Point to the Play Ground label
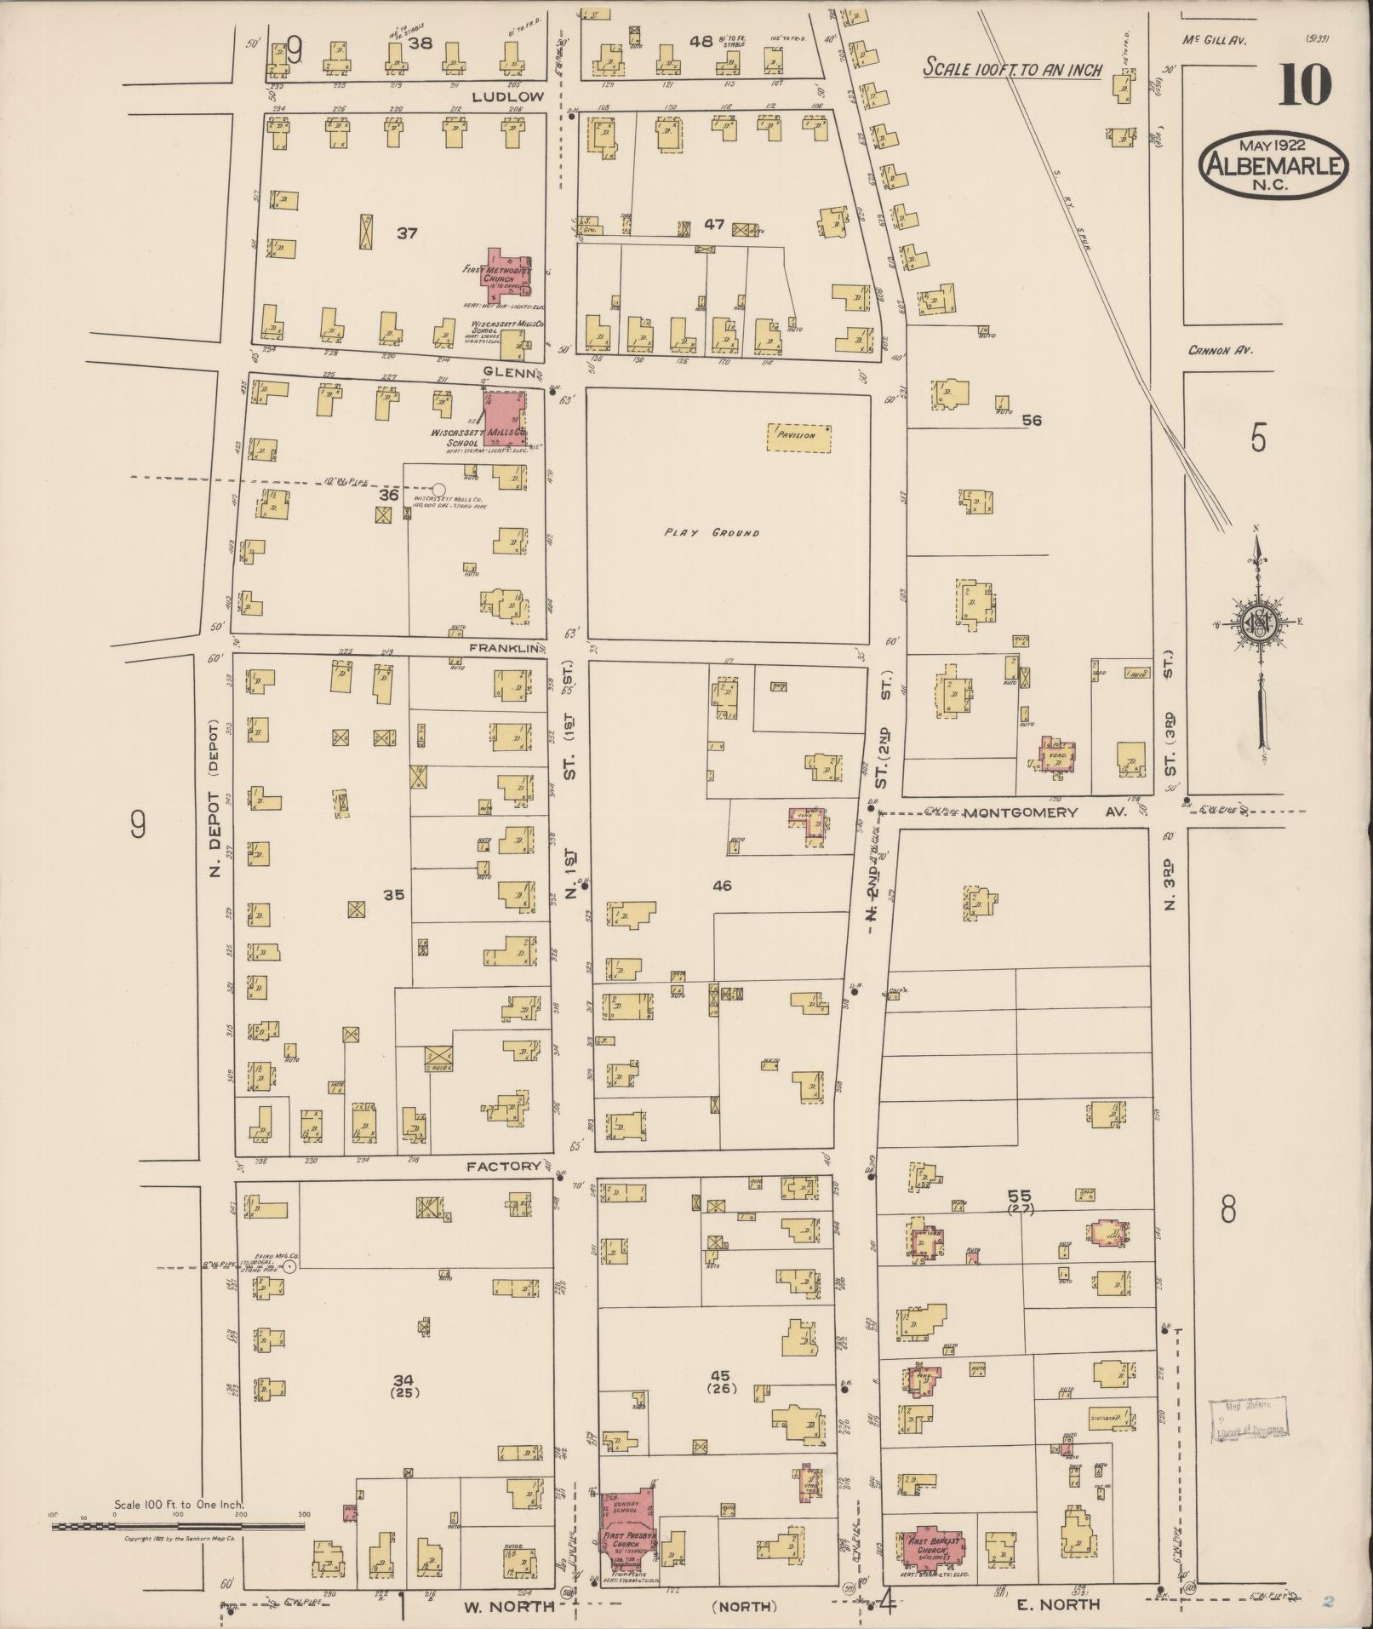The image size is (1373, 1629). click(712, 534)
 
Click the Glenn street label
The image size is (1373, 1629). click(510, 372)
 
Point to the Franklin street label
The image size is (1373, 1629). click(506, 648)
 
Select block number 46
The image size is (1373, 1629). click(722, 886)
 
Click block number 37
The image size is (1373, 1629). click(407, 232)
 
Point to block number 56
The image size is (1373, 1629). click(1033, 421)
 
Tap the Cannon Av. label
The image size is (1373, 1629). click(1222, 350)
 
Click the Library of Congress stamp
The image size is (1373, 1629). click(1248, 1420)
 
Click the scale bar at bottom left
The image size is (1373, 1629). click(179, 1527)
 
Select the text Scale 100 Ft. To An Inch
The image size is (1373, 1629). click(1012, 70)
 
